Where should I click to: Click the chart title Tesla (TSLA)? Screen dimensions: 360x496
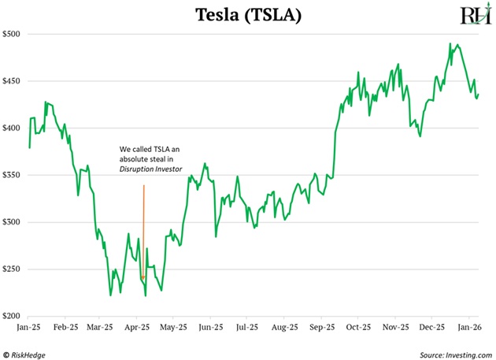pos(247,14)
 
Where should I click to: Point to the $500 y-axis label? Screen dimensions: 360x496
pos(13,35)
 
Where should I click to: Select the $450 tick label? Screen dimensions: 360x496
pos(13,81)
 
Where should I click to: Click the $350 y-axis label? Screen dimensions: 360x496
pos(13,175)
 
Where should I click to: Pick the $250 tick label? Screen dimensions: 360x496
pos(13,269)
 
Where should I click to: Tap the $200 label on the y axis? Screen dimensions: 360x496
pos(13,316)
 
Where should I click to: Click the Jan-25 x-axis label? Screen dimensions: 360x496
pos(29,326)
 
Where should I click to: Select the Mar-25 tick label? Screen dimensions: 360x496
pos(101,326)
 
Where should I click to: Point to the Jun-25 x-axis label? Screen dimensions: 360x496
pos(210,326)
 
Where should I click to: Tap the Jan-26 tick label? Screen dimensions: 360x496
pos(468,326)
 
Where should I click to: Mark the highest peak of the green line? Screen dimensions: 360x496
pos(450,43)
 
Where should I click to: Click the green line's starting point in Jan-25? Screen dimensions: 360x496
pos(29,147)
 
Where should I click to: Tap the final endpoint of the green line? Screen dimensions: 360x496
pos(479,95)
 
